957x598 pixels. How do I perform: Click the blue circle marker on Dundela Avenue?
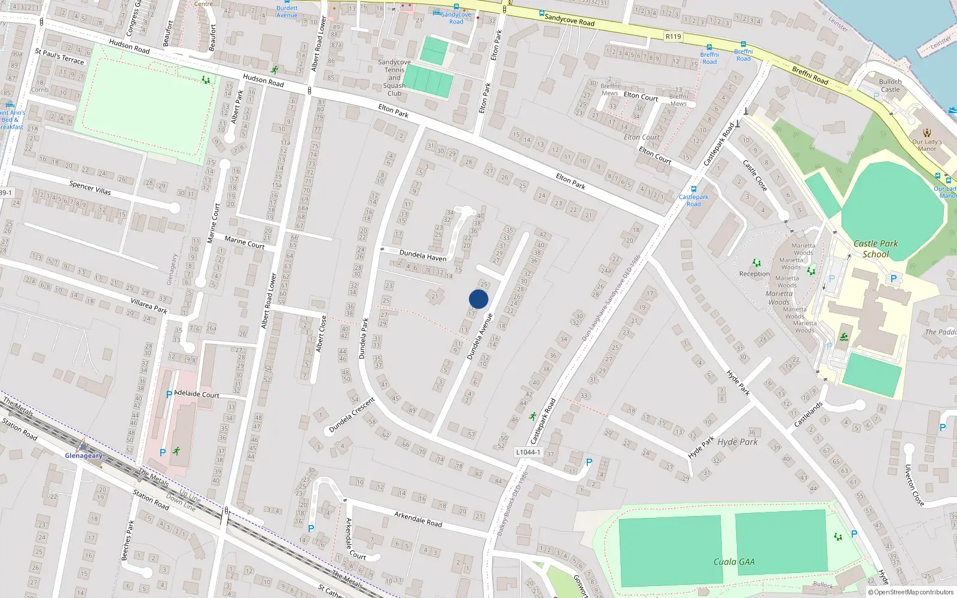coord(478,299)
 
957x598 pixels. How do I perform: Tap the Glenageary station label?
coord(84,456)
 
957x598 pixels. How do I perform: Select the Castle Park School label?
coord(876,249)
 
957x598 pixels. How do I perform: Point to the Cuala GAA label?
coord(734,562)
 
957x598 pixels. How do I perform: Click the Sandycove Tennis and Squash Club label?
coord(394,78)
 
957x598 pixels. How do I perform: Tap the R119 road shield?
coord(673,36)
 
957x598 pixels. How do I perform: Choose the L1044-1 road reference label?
coord(528,452)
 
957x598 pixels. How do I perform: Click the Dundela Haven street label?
coord(422,255)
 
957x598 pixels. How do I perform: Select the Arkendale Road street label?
coord(418,518)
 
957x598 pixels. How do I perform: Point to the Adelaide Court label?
coord(196,394)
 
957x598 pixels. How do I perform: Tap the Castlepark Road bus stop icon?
coord(694,189)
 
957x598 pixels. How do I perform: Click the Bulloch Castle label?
coord(890,86)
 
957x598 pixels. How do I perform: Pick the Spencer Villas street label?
coord(90,187)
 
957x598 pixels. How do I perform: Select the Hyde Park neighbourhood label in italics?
coord(737,442)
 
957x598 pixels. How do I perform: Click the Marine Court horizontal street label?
coord(244,242)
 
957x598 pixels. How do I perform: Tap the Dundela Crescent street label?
coord(352,414)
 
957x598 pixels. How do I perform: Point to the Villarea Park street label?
coord(149,307)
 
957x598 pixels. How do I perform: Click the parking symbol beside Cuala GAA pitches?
coord(854,534)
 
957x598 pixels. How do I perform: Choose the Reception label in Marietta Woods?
coord(754,274)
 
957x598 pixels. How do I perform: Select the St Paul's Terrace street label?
coord(59,56)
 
